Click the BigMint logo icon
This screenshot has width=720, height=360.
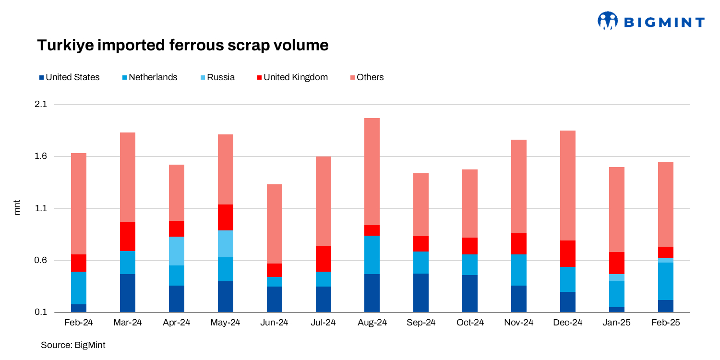coord(607,21)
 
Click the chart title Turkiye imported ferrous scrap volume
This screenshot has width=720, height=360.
coord(183,45)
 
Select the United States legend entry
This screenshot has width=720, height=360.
coord(69,77)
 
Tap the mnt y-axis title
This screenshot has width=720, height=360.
coord(17,208)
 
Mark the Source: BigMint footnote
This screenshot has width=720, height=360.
coord(73,345)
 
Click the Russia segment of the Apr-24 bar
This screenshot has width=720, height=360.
coord(176,251)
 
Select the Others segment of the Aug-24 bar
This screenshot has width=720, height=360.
coord(372,171)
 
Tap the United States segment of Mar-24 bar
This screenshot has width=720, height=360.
coord(127,293)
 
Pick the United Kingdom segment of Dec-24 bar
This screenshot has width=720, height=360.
coord(568,253)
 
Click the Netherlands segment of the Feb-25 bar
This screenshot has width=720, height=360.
coord(665,281)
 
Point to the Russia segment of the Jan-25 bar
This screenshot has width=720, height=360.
coord(616,277)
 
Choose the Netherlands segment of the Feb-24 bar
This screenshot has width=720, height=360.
coord(79,288)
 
